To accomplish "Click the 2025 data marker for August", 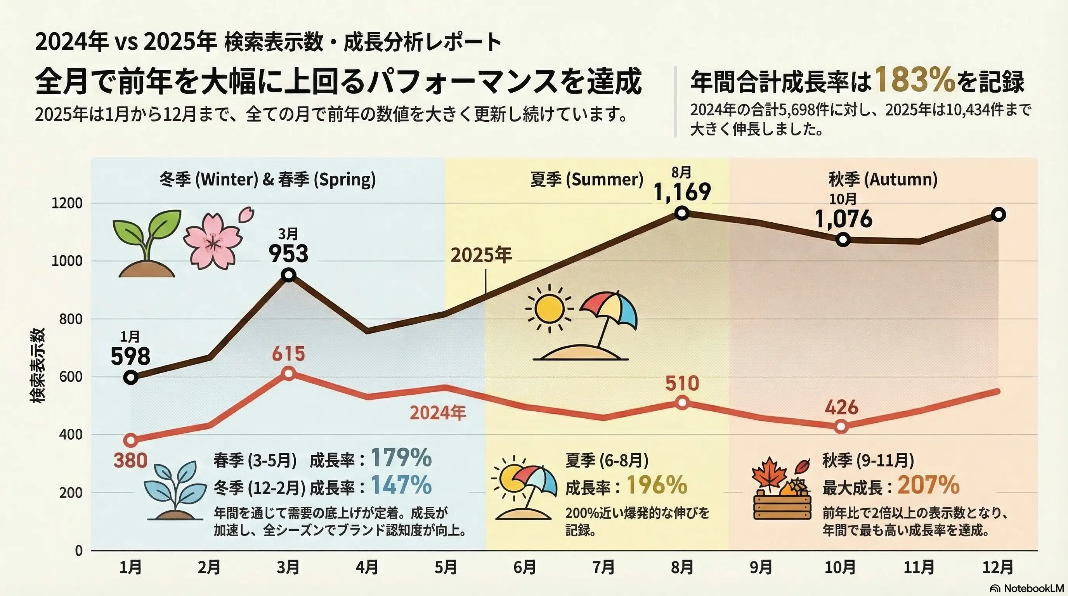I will [x=682, y=214].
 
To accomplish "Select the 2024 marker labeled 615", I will [x=289, y=373].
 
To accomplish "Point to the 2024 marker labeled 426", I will [x=841, y=426].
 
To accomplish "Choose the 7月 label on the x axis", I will [x=603, y=567].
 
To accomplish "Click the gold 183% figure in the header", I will [x=915, y=80].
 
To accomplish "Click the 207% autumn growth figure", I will [x=929, y=485].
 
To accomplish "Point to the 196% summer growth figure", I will [x=657, y=485].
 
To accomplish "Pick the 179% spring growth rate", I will [x=401, y=458].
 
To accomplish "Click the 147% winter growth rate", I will [x=401, y=485].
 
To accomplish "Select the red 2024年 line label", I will [x=438, y=413].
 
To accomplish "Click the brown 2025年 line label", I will [x=481, y=255].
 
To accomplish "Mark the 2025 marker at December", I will [x=999, y=215].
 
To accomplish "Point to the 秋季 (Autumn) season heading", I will [x=883, y=180].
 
